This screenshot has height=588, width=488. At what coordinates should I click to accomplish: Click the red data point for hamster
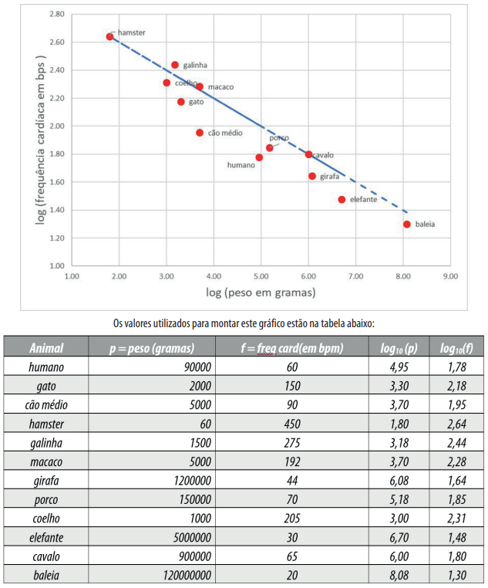pos(109,36)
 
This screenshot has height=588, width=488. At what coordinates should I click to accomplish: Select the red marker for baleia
pos(406,225)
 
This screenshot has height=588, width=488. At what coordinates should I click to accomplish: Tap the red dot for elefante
pos(342,200)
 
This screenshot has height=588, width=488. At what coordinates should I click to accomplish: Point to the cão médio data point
pos(200,133)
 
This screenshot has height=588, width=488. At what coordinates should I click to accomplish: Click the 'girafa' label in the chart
pos(329,177)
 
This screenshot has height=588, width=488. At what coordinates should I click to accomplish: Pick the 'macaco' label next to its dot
pos(220,87)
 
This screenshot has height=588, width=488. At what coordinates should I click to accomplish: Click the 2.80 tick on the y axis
pos(56,15)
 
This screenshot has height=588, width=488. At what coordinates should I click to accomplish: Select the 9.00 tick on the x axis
pos(450,275)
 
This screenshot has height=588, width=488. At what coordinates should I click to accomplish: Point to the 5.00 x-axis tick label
pos(261,275)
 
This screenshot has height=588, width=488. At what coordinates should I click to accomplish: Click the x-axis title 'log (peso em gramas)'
pos(261,293)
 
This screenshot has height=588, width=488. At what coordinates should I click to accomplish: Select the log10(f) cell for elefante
pos(457,537)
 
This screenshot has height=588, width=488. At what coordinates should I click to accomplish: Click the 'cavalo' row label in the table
pos(46,556)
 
